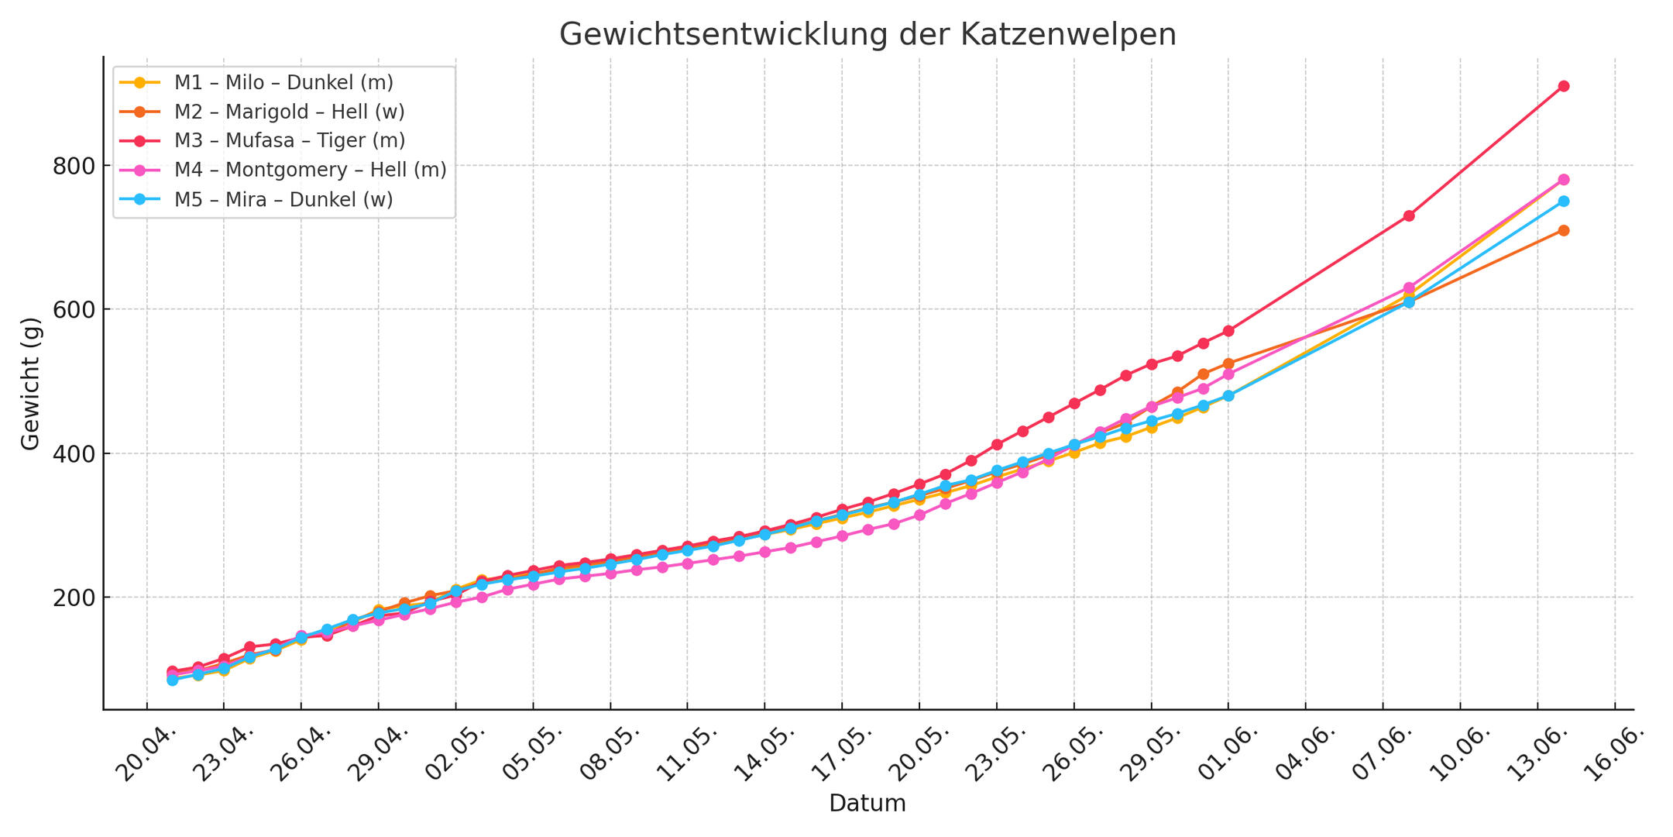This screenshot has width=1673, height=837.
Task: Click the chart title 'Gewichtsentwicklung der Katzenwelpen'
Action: [x=867, y=35]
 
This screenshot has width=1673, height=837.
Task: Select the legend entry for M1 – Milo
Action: [x=283, y=82]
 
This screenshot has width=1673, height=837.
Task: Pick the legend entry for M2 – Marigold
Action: [x=289, y=112]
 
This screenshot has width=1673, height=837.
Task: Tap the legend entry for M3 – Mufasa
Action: [x=289, y=140]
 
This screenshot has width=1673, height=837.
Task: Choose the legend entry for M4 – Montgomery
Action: [x=310, y=170]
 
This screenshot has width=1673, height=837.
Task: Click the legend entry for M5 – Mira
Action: [x=283, y=199]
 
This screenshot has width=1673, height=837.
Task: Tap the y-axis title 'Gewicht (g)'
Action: [x=30, y=383]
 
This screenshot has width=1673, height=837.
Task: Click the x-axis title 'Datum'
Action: [x=867, y=803]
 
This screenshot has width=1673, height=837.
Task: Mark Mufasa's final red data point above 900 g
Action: [x=1564, y=86]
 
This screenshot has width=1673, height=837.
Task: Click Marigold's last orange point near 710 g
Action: [x=1564, y=230]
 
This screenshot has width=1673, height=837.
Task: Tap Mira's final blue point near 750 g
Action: [x=1564, y=201]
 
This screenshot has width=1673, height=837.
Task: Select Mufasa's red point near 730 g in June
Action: [x=1409, y=215]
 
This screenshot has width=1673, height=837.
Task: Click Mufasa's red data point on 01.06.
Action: [x=1228, y=331]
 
